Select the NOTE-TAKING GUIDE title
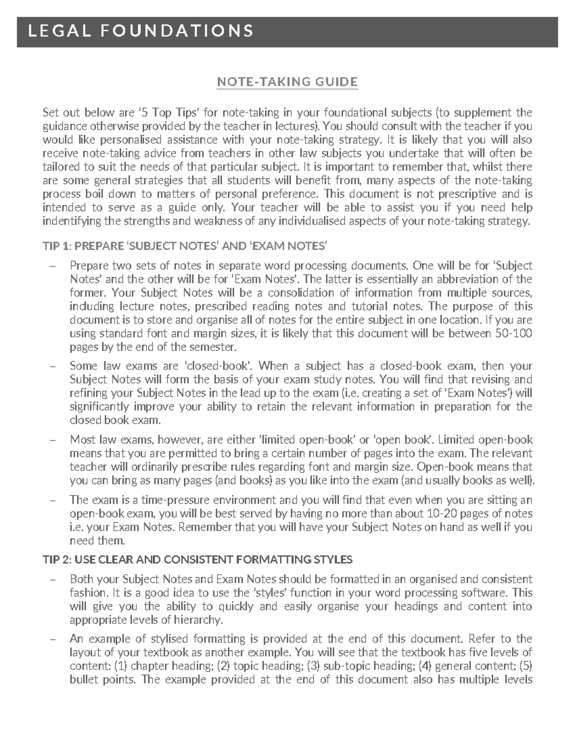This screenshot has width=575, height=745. pos(287,82)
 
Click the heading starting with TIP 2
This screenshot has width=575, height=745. pos(197,559)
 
